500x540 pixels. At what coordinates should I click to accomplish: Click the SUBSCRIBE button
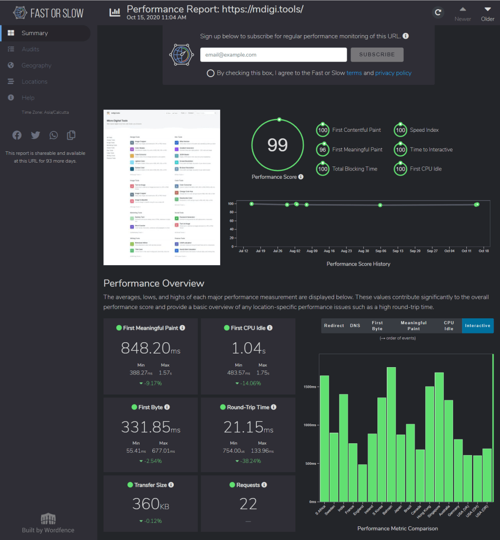point(377,55)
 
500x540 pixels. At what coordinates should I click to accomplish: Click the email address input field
point(273,55)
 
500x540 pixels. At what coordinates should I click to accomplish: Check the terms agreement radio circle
point(210,73)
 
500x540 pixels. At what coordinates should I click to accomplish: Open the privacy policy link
point(393,73)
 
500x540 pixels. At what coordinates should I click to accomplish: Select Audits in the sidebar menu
point(30,49)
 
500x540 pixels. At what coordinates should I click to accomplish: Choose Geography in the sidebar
point(36,65)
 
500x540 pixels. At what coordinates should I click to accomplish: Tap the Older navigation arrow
point(487,13)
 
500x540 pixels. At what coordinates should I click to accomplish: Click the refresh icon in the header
point(438,13)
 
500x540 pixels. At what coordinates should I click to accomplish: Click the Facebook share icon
point(17,135)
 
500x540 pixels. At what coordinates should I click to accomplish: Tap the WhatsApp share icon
point(53,135)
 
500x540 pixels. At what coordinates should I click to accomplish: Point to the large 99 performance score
point(278,145)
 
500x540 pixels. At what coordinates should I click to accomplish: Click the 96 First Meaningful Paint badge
point(322,149)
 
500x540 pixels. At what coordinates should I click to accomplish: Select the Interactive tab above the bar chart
point(478,326)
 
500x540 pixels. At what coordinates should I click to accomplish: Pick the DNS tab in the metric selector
point(355,326)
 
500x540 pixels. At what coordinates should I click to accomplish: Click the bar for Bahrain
point(391,434)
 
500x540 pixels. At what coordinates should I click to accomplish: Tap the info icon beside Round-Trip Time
point(273,407)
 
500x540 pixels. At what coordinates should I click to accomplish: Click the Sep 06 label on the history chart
point(380,250)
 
